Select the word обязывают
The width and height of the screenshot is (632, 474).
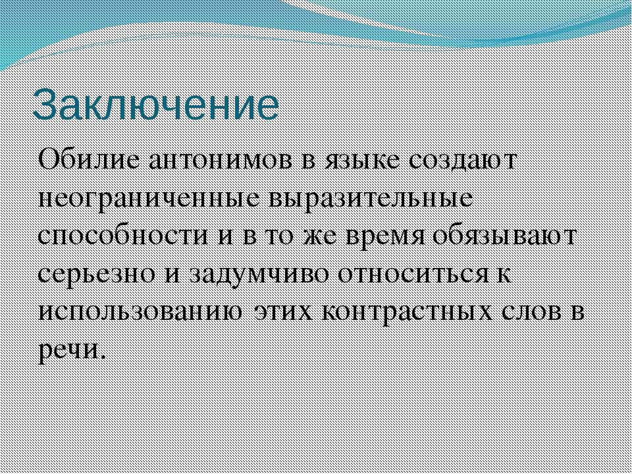pos(504,237)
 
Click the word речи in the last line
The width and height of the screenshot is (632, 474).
pos(72,352)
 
